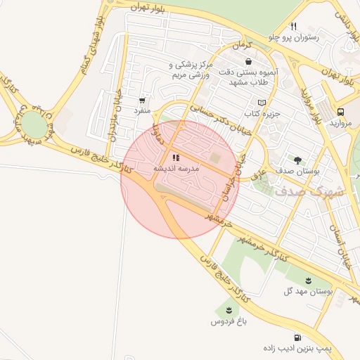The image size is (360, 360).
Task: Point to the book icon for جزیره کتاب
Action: [262, 103]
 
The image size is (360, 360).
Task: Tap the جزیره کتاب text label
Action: [262, 113]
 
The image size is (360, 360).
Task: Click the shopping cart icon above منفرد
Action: [143, 100]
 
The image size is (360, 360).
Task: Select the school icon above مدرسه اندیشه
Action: [175, 159]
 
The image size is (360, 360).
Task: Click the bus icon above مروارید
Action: [340, 112]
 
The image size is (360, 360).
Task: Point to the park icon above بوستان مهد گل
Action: [308, 281]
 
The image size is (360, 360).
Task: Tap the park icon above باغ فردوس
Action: [229, 310]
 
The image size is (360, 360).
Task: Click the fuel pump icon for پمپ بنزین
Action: [298, 337]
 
